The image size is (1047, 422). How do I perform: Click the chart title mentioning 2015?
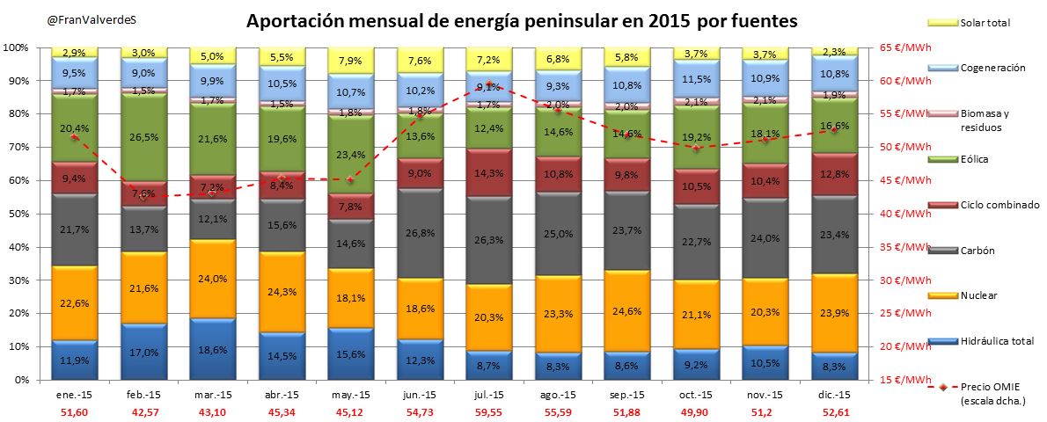point(522,20)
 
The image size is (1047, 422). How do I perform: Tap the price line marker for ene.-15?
point(74,137)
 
